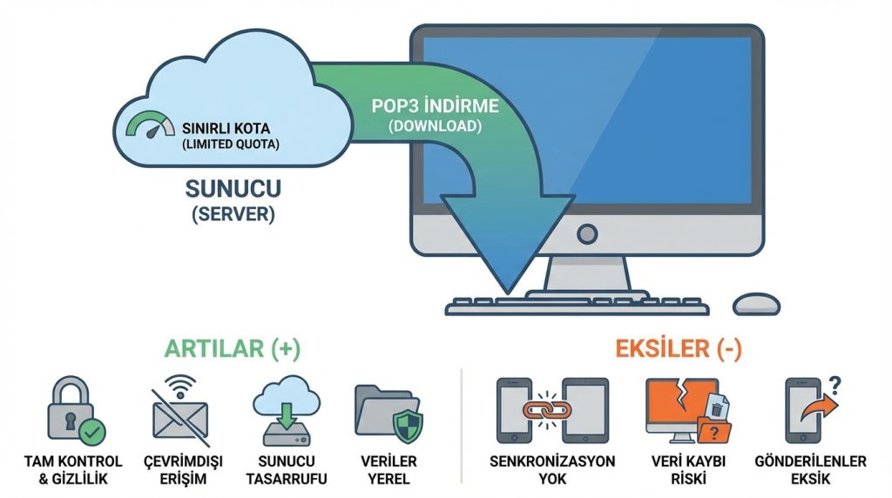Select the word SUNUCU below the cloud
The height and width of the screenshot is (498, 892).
click(x=230, y=188)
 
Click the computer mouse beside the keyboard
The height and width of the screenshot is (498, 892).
click(x=756, y=304)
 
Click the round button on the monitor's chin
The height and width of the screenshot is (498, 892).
click(x=588, y=233)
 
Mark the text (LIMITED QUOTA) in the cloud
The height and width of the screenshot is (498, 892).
click(x=230, y=144)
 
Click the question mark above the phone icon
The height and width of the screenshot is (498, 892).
click(x=834, y=383)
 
